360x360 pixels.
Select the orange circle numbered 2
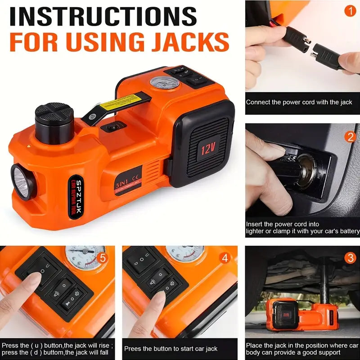[x=350, y=137]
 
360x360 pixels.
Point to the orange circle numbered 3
[x=350, y=258]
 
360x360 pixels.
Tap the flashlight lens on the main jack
[x=21, y=182]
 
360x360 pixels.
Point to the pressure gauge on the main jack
[x=159, y=86]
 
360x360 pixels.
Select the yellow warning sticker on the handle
[x=118, y=104]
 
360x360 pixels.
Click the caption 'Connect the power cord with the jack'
[x=299, y=102]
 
